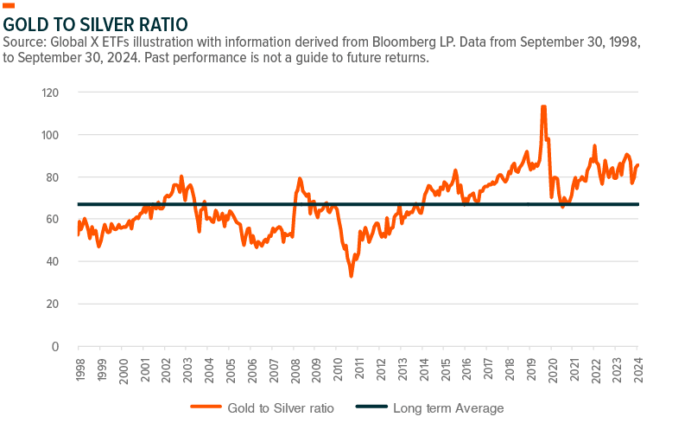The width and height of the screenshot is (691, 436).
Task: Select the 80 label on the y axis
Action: (55, 177)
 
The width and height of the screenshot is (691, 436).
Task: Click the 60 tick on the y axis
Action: (55, 220)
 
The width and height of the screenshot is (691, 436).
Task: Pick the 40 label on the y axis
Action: (55, 262)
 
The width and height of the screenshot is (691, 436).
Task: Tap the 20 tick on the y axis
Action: (55, 305)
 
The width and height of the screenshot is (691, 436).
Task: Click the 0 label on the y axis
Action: (58, 347)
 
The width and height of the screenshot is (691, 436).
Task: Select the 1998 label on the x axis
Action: (80, 364)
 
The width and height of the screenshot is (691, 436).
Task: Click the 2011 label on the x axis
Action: (359, 364)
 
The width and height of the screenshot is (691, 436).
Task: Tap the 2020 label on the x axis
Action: (553, 364)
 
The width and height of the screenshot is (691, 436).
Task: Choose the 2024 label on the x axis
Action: (638, 364)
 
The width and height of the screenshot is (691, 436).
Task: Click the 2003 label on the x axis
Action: (187, 364)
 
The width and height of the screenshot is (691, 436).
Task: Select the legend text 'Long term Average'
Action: (447, 407)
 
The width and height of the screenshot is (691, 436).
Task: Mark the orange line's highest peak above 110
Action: (543, 106)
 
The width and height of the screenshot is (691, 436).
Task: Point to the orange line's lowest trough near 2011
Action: (351, 276)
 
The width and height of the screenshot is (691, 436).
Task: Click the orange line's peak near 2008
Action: (300, 179)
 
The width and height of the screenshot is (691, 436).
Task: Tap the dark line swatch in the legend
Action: (368, 407)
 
